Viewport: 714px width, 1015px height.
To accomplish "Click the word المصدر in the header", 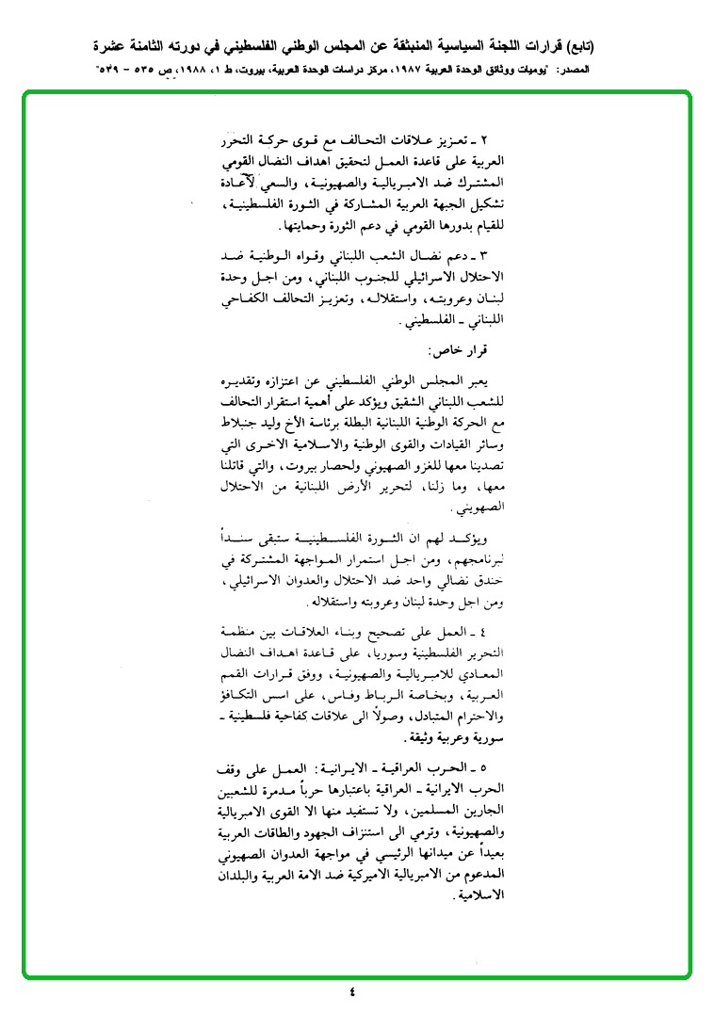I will point(597,71).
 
